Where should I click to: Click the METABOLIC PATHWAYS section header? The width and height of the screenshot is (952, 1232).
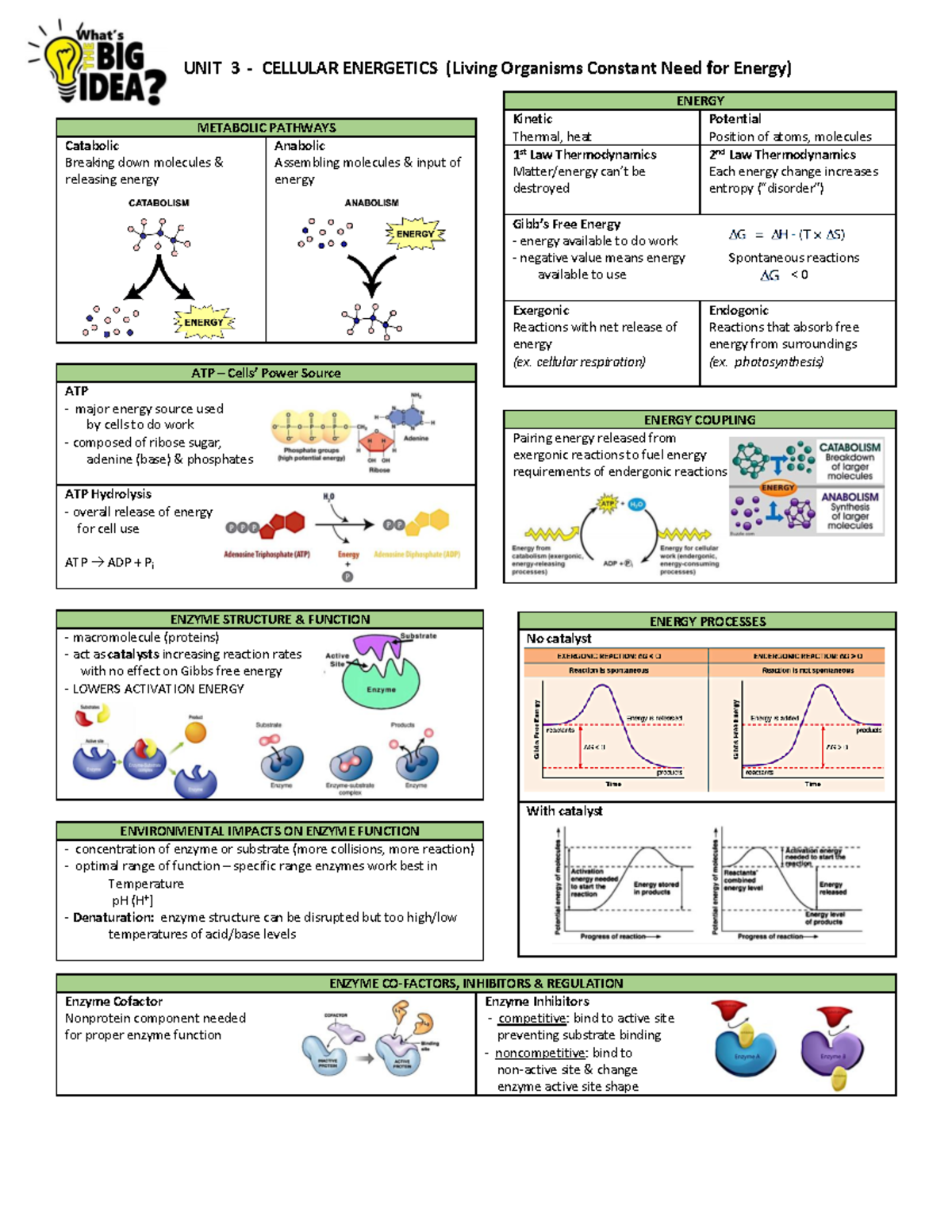point(266,128)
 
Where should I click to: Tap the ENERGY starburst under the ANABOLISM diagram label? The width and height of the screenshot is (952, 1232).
point(415,234)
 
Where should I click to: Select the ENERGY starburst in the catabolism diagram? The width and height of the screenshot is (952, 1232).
point(203,322)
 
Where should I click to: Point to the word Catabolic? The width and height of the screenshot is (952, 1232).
point(92,146)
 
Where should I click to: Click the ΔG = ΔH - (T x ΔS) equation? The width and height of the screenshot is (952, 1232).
point(786,235)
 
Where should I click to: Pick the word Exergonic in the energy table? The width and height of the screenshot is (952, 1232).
point(540,310)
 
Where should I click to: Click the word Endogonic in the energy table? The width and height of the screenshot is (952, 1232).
point(739,310)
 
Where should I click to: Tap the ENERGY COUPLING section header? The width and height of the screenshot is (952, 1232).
point(699,420)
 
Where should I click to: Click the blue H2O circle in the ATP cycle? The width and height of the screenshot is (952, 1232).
point(636,505)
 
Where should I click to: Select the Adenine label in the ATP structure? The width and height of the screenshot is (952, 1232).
point(416,438)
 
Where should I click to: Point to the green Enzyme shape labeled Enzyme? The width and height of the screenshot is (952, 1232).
point(382,686)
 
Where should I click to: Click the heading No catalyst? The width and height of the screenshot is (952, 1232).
point(559,639)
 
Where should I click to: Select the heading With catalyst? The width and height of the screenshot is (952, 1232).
point(564,811)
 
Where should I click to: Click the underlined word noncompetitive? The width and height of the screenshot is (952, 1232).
point(540,1053)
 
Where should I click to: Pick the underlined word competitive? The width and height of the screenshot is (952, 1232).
point(532,1018)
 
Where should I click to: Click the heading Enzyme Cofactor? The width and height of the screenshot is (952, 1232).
point(113,1001)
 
